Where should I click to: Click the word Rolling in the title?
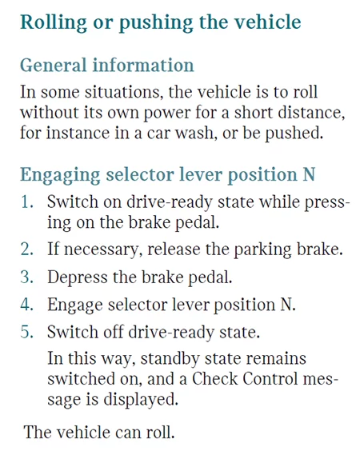54,22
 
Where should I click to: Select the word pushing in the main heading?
156,22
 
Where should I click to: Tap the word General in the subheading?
54,65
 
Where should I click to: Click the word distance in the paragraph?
311,112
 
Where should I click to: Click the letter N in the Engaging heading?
309,174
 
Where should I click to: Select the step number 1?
26,202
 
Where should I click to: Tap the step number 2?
26,249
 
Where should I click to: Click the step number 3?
26,277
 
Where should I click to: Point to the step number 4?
26,305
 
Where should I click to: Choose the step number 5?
26,332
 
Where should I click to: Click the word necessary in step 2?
102,249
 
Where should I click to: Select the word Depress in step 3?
77,277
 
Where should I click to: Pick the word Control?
270,378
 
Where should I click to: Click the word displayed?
141,400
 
